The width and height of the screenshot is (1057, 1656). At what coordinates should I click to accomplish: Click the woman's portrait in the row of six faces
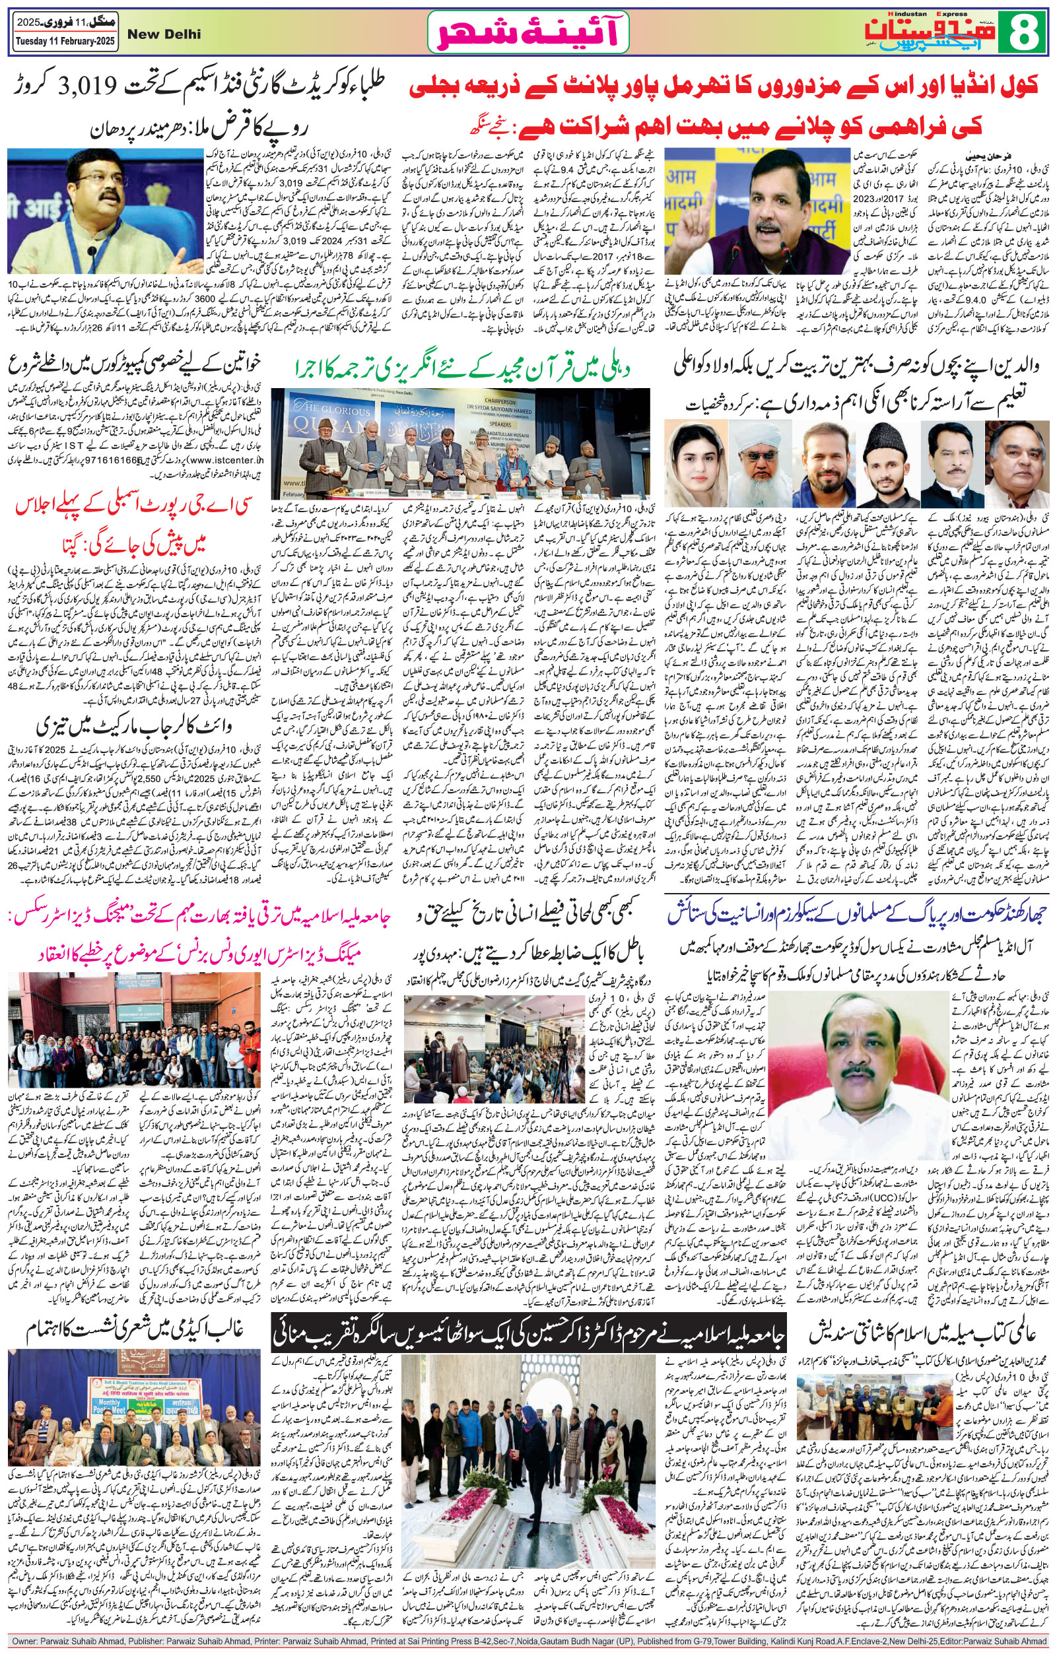pos(689,462)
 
